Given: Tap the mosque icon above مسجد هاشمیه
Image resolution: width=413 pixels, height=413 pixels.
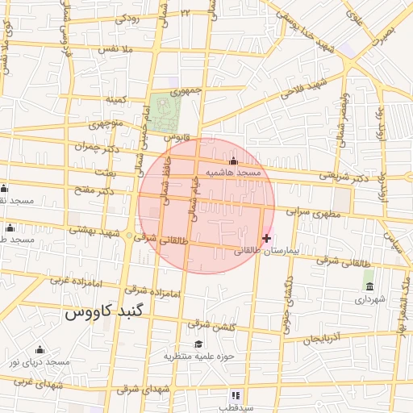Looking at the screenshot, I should click(x=234, y=161).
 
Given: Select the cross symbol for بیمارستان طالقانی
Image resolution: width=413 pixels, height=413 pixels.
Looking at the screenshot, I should click(x=267, y=238).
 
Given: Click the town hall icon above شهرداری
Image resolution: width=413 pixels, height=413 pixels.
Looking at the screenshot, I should click(x=369, y=286).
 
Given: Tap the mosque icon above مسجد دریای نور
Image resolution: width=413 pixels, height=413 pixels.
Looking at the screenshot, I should click(x=40, y=349).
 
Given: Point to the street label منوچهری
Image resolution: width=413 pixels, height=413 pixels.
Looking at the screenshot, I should click(x=105, y=124).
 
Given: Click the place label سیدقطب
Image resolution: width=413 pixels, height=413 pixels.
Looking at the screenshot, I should click(x=236, y=407).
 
